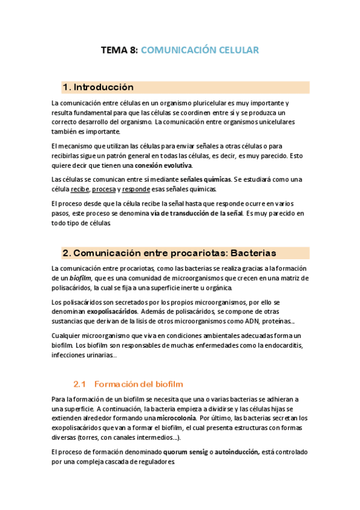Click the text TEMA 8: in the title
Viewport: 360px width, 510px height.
click(x=118, y=50)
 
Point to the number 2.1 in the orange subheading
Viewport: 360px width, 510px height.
click(x=81, y=384)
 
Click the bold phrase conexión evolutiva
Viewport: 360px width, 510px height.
click(x=163, y=165)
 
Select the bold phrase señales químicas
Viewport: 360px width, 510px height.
click(x=206, y=179)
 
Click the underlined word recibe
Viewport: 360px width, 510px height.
click(x=79, y=189)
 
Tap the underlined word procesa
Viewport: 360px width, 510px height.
click(x=104, y=189)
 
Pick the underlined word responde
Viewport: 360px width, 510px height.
click(x=136, y=189)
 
